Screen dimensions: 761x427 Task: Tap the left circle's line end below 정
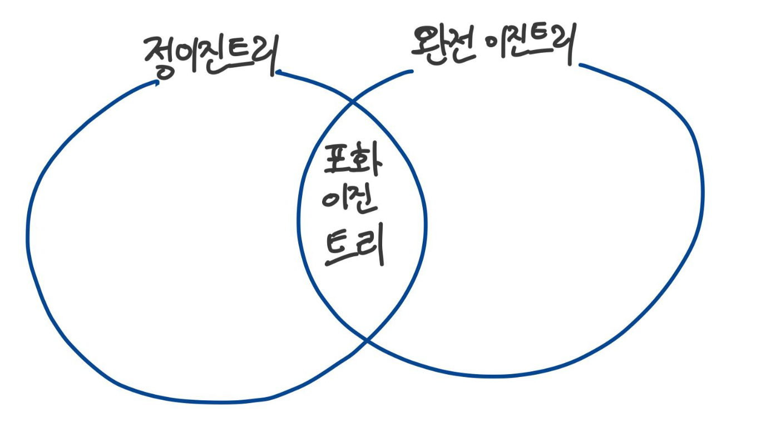158,82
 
